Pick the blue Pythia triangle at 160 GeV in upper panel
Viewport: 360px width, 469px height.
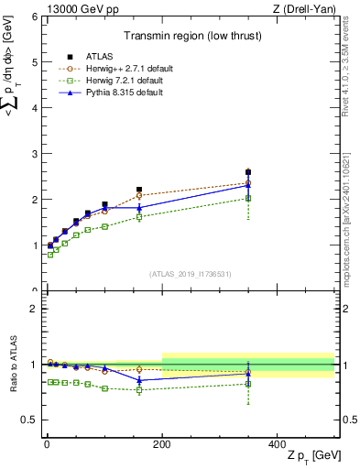point(139,208)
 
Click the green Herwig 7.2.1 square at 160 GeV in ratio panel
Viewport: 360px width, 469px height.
point(139,390)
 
